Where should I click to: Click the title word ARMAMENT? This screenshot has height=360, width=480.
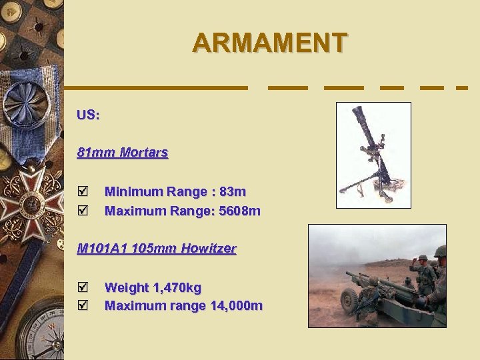click(x=269, y=43)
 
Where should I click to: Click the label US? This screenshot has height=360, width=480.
click(x=88, y=115)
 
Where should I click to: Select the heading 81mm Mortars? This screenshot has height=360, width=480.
click(x=123, y=153)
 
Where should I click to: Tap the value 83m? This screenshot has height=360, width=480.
click(x=233, y=192)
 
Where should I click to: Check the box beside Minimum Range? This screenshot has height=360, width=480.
click(x=83, y=192)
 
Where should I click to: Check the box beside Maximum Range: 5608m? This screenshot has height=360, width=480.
click(x=83, y=211)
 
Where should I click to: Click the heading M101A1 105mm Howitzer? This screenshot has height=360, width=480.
click(x=157, y=249)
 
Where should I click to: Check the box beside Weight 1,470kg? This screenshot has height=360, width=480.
click(x=83, y=287)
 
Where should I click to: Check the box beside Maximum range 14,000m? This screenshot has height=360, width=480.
click(x=83, y=306)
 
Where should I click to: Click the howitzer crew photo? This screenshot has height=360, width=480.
click(x=377, y=275)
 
